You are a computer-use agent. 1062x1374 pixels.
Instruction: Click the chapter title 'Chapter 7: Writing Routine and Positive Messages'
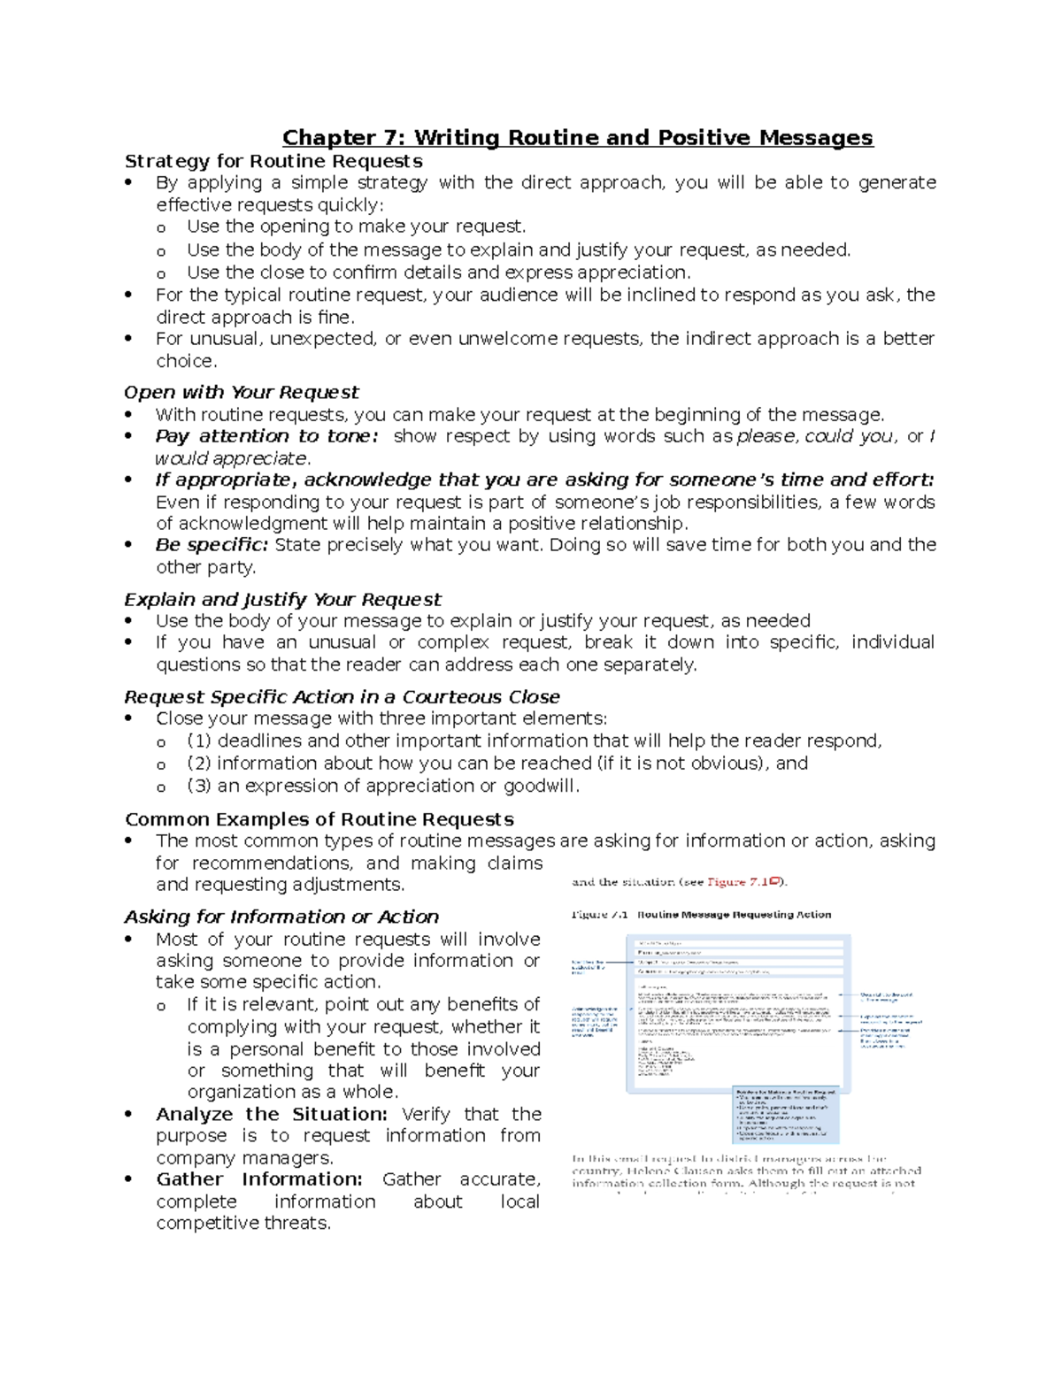577,138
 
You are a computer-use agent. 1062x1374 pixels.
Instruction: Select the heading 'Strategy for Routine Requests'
273,161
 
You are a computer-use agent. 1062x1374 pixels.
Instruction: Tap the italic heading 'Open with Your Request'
241,392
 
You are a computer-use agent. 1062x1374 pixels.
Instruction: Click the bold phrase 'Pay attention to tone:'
266,436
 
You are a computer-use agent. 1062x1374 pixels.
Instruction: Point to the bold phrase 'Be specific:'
212,545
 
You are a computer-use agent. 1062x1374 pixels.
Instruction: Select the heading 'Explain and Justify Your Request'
282,599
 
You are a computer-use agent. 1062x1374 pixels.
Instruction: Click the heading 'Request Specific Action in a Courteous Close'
342,696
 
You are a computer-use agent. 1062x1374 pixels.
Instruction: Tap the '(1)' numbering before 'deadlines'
199,741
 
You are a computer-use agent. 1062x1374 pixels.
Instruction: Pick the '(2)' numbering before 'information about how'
199,764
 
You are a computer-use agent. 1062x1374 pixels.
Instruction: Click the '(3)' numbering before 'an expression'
199,786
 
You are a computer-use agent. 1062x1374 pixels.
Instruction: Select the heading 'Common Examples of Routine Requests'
319,819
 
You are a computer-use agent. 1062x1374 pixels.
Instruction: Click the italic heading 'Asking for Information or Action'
281,917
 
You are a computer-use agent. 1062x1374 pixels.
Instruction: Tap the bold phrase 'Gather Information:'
259,1179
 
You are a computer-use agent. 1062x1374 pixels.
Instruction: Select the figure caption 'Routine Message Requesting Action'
734,915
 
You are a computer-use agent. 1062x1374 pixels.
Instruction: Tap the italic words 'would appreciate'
232,458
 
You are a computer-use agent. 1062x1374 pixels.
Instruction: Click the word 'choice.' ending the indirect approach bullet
186,361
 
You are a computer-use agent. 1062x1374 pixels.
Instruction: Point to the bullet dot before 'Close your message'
129,718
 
